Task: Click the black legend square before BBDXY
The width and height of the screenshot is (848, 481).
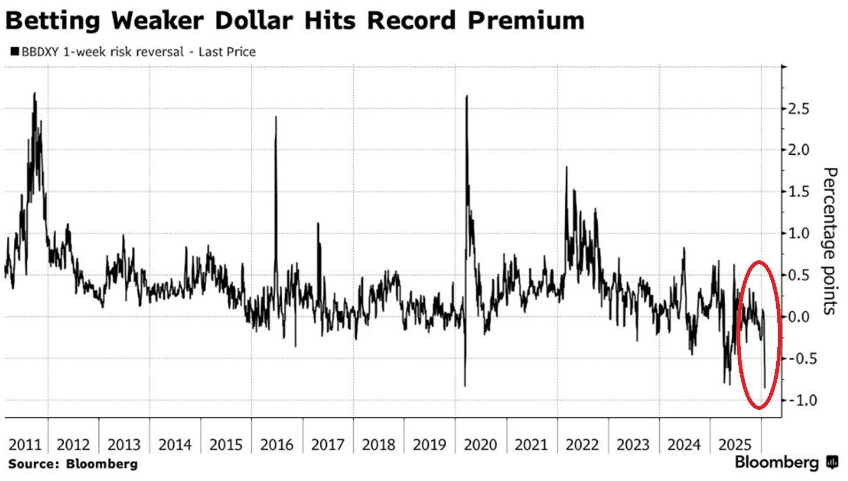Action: coord(14,52)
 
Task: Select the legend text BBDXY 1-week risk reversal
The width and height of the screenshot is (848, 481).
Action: coord(102,52)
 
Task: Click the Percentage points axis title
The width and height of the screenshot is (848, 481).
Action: coord(829,241)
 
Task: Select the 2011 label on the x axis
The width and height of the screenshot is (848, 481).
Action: coord(25,445)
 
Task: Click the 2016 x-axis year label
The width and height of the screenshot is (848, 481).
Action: coord(276,445)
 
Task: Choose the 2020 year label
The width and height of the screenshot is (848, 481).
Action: coord(481,445)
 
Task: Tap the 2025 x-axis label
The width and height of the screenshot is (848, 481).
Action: coord(736,445)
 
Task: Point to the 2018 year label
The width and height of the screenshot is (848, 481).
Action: coord(379,445)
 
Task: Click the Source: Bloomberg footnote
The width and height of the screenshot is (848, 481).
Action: coord(73,464)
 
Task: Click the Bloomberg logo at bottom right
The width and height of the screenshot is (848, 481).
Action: coord(785,462)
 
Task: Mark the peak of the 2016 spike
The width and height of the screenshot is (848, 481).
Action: coord(276,117)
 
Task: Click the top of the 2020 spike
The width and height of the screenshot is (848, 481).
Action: coord(467,96)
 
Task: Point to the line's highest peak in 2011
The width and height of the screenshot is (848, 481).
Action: coord(35,93)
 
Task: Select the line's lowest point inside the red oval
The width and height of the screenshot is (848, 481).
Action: coord(764,387)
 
